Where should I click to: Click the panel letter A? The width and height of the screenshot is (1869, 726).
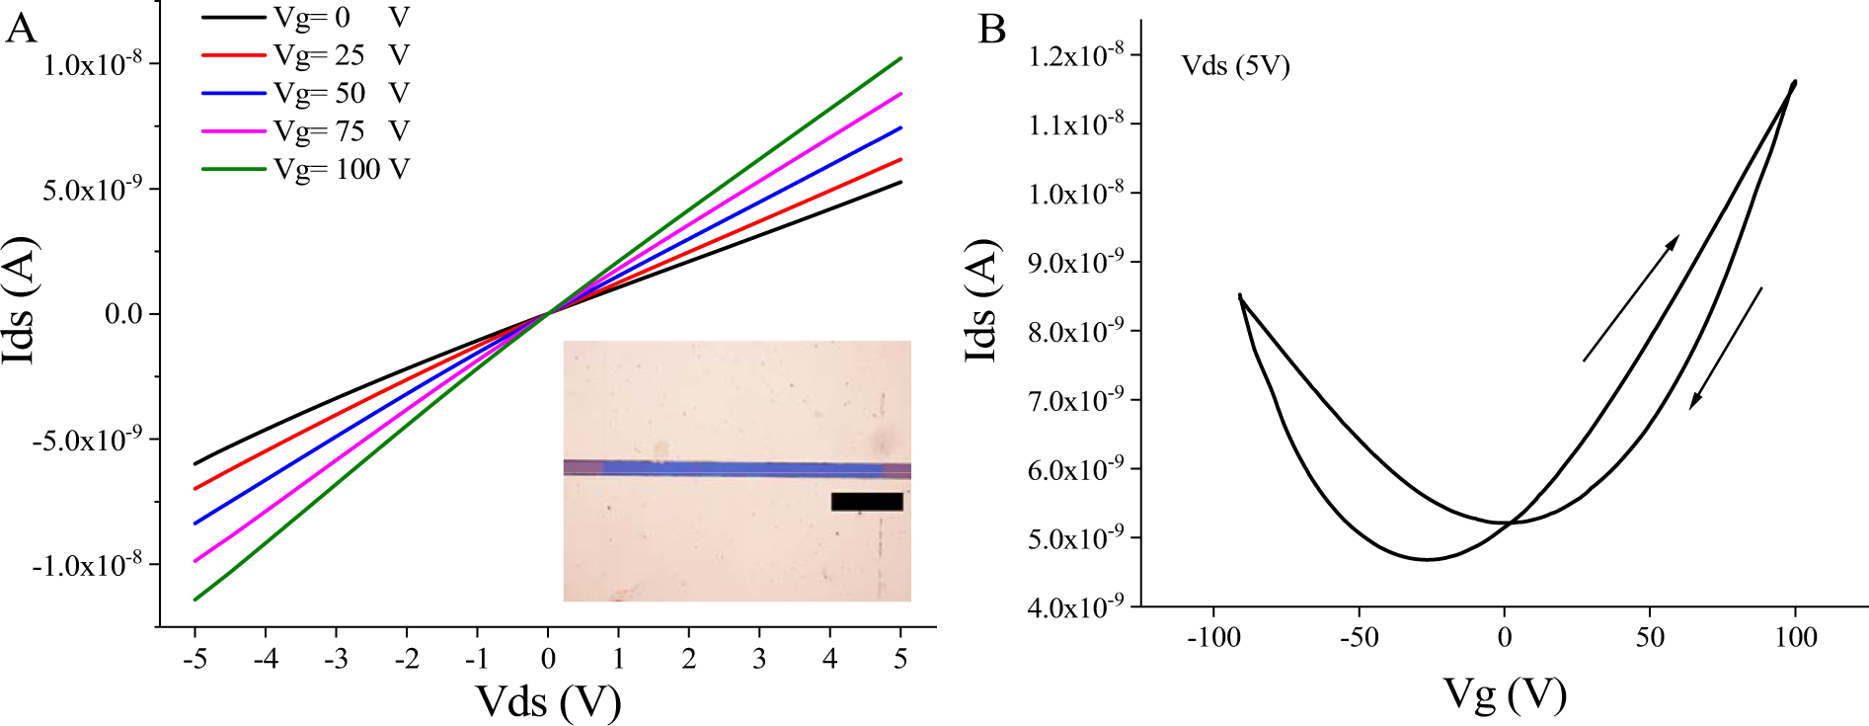click(21, 29)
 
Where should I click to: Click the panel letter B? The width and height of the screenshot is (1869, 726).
click(991, 29)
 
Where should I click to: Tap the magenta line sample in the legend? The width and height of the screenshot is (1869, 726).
click(233, 131)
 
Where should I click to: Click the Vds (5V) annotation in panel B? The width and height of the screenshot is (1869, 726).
click(1235, 66)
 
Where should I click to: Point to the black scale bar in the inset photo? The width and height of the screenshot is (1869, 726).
click(867, 502)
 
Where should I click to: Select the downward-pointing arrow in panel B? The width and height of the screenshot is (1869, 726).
click(1725, 348)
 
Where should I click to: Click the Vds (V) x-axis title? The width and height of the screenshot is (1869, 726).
click(548, 702)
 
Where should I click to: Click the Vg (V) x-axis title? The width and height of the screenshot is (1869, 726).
click(1504, 694)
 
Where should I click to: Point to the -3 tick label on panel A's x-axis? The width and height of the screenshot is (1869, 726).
click(336, 659)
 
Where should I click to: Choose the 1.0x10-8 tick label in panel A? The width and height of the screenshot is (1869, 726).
click(92, 64)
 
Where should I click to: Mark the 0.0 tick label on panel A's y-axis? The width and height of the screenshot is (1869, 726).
click(123, 314)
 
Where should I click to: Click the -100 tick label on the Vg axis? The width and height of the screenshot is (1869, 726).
click(1213, 637)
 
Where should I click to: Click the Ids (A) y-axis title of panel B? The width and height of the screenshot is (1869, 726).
click(981, 301)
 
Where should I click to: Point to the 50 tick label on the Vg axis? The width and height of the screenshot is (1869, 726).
click(1650, 637)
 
